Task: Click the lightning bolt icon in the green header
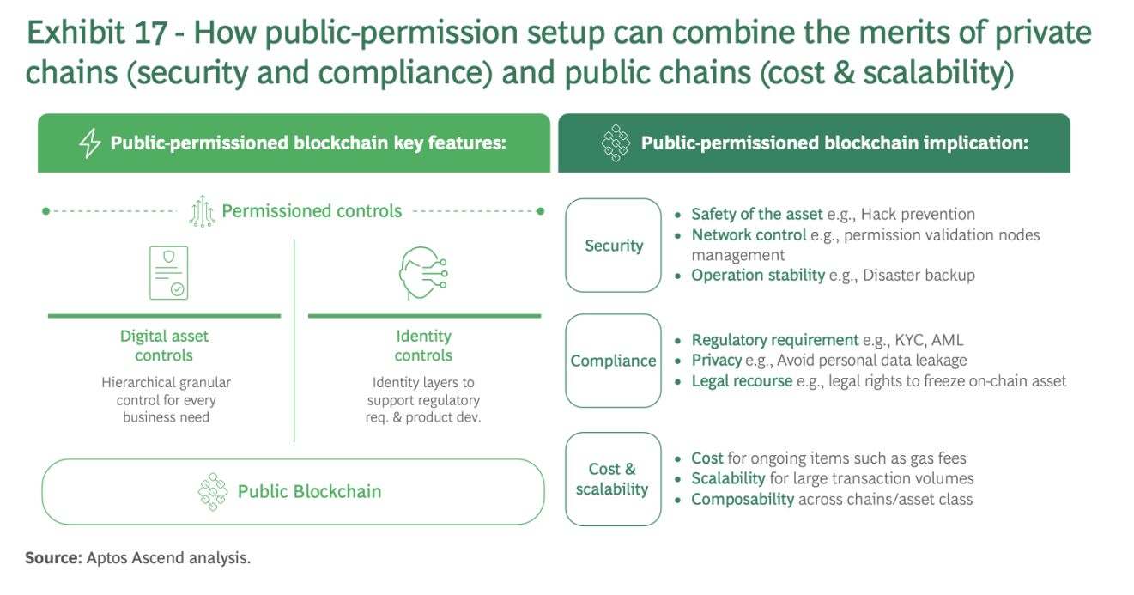(x=90, y=143)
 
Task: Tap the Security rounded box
(x=613, y=246)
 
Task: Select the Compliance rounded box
(x=613, y=361)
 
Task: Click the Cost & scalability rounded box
(x=613, y=479)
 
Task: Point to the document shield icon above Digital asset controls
(x=168, y=273)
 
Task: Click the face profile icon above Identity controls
(x=422, y=273)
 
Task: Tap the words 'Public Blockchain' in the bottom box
(x=309, y=491)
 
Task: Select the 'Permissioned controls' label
(x=312, y=211)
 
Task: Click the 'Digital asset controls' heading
(x=164, y=346)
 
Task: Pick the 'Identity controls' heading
(x=423, y=346)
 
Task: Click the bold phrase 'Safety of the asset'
(x=756, y=214)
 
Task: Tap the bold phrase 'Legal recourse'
(x=742, y=380)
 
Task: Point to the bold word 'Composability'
(x=743, y=499)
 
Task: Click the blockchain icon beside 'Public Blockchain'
(x=213, y=491)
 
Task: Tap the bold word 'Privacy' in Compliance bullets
(x=717, y=360)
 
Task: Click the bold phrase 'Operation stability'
(x=758, y=275)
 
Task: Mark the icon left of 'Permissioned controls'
(x=202, y=211)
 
